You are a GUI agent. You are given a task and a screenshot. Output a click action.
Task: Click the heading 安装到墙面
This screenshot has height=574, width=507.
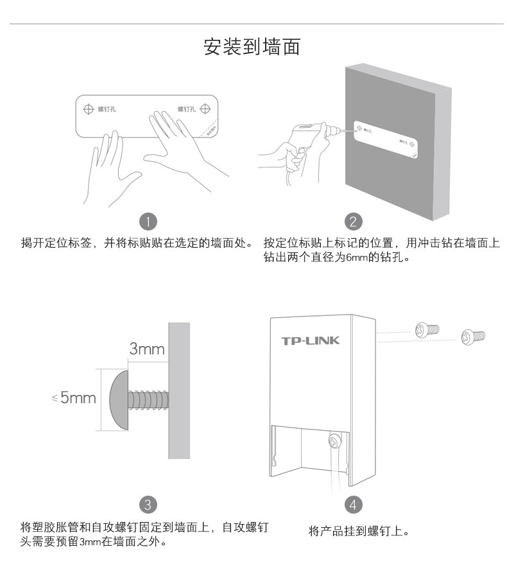pyautogui.click(x=252, y=47)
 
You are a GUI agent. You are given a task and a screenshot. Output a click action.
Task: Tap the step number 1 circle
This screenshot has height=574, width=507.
pyautogui.click(x=148, y=222)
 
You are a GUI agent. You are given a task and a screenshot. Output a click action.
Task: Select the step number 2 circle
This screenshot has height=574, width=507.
pyautogui.click(x=352, y=222)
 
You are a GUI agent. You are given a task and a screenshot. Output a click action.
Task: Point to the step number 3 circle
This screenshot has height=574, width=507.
pyautogui.click(x=147, y=503)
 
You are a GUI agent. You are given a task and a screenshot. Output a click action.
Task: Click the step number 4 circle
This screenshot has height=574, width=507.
pyautogui.click(x=352, y=503)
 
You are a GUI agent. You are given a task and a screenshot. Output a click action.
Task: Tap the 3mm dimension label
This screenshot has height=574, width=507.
pyautogui.click(x=147, y=349)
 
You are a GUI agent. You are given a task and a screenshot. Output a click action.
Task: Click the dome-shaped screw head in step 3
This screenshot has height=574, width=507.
pyautogui.click(x=117, y=399)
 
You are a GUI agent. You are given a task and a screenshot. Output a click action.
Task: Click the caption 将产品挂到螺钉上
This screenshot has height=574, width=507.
pyautogui.click(x=358, y=531)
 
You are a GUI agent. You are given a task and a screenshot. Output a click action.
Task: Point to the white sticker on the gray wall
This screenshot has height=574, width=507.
pyautogui.click(x=387, y=137)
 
